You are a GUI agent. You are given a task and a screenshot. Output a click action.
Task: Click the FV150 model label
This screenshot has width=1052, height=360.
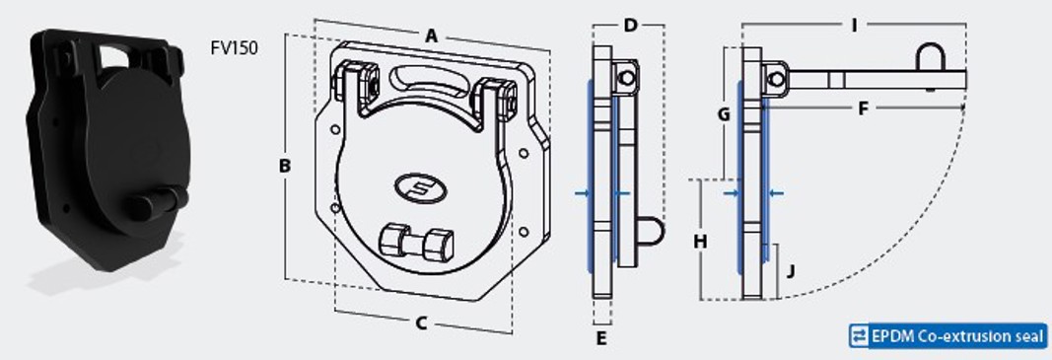pos(234,48)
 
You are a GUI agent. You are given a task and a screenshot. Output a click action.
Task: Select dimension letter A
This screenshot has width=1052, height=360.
pos(432,36)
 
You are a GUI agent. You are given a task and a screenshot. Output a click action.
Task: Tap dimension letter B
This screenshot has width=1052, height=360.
pos(285,166)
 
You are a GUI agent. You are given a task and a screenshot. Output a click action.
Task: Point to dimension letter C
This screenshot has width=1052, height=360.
pos(421,324)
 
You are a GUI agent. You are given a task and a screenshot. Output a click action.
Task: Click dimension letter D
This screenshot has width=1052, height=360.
pos(630,26)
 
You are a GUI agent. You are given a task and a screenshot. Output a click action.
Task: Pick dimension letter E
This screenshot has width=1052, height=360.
pos(601,338)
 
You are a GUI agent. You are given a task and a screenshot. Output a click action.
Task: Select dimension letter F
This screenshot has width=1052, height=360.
pos(863,108)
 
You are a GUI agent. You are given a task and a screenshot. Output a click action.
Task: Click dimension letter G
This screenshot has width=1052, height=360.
pos(724,114)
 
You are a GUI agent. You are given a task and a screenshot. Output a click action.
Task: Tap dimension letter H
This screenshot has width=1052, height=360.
pos(700,241)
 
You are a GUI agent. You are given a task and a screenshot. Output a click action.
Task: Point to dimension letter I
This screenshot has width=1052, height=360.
pos(854,26)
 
